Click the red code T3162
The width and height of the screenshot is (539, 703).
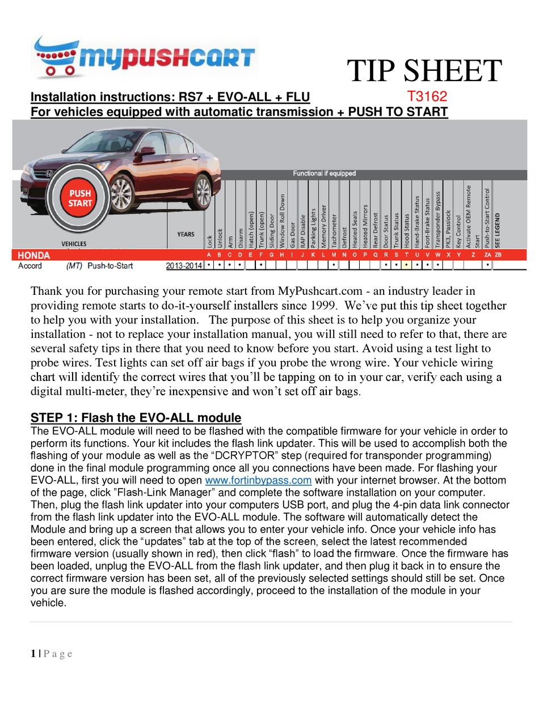[427, 96]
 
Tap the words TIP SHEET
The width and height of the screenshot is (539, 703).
[424, 71]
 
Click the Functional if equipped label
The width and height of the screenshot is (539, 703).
[324, 173]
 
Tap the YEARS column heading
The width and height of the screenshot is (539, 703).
[186, 234]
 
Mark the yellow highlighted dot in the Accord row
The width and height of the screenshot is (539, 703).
[407, 265]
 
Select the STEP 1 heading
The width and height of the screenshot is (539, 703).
[136, 418]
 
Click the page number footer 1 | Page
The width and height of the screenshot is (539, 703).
[51, 654]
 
